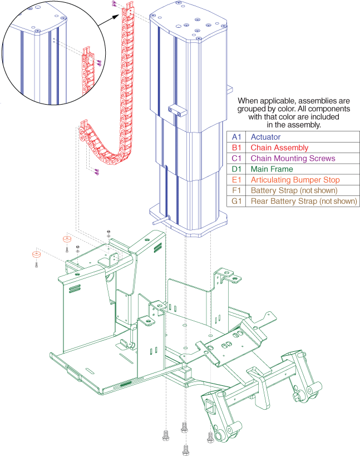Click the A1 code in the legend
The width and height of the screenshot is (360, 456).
point(236,137)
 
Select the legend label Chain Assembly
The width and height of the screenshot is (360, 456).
point(279,148)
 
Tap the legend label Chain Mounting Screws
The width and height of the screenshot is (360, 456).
point(293,159)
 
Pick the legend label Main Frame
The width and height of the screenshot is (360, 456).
point(272,169)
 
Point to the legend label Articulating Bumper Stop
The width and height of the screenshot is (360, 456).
point(295,180)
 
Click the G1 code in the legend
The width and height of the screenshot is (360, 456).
point(236,201)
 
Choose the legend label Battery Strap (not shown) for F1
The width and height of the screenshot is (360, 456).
point(294,191)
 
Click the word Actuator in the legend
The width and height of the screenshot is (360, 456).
point(265,137)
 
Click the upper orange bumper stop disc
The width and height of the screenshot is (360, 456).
point(67,239)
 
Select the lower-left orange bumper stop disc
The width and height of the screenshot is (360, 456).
point(36,254)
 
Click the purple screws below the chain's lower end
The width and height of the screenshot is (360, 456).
point(97,172)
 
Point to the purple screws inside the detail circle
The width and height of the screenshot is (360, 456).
point(99,62)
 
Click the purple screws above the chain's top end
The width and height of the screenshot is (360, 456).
point(114,4)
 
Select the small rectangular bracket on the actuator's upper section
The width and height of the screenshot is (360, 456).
point(177,110)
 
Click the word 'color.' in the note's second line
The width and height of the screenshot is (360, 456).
point(284,109)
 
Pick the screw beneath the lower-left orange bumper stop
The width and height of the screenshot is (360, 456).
point(36,264)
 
